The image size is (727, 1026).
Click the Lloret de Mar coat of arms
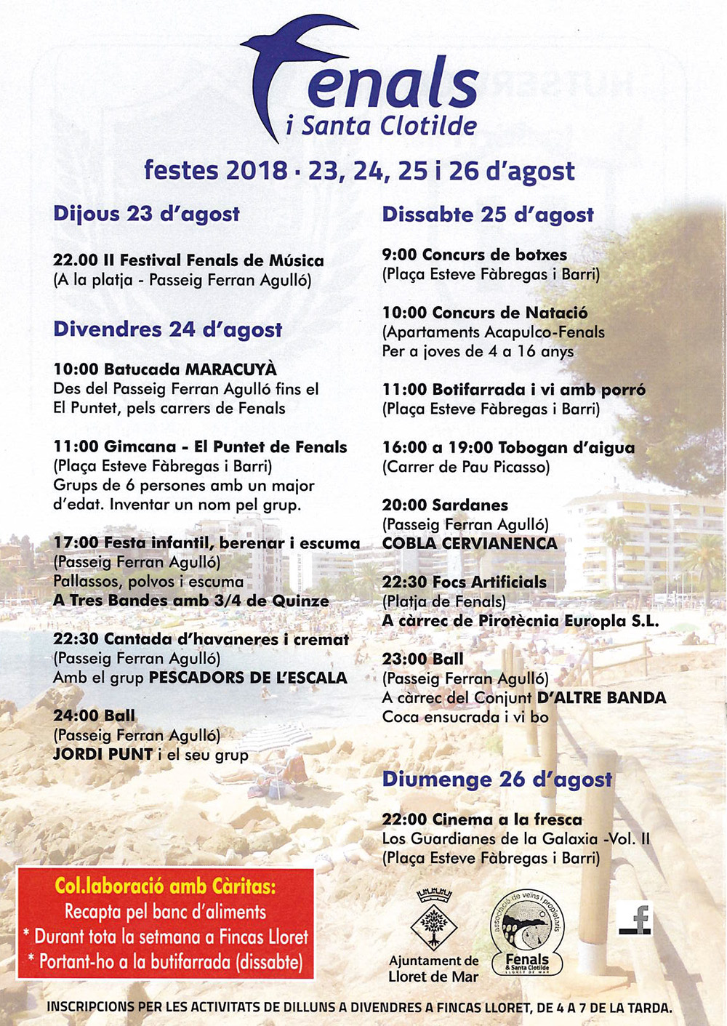(434, 920)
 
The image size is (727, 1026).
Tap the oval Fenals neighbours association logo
(527, 934)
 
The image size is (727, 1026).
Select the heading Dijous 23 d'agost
(146, 214)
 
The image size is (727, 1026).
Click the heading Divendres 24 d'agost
(167, 329)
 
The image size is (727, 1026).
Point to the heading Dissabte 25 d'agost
(488, 215)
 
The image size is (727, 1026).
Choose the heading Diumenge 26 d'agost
(497, 779)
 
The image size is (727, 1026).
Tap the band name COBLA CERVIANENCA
(470, 543)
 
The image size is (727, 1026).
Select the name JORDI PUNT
(103, 754)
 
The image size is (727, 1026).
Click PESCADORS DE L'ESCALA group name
(248, 678)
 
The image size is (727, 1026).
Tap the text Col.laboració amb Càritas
(166, 886)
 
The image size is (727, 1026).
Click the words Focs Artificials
(489, 582)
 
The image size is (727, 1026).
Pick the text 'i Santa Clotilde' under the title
(381, 126)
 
